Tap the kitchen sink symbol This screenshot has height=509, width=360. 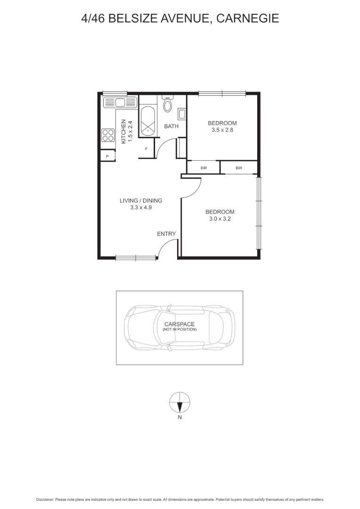[120, 102]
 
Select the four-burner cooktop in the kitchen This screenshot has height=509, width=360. [108, 135]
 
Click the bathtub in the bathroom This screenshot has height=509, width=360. [148, 122]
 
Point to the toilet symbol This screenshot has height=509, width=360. [168, 104]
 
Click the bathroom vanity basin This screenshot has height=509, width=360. [181, 114]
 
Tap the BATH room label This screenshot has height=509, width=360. [171, 126]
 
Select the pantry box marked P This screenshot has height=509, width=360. [107, 156]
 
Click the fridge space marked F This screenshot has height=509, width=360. [147, 149]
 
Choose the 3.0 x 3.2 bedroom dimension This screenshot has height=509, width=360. [220, 219]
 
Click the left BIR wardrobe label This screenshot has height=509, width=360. [204, 168]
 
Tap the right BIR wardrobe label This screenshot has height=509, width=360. [239, 168]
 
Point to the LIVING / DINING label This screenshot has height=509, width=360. [141, 200]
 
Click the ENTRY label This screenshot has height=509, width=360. [166, 234]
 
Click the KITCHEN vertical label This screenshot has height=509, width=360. [124, 132]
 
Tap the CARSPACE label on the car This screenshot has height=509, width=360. [179, 324]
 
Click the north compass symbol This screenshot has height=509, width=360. [180, 402]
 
